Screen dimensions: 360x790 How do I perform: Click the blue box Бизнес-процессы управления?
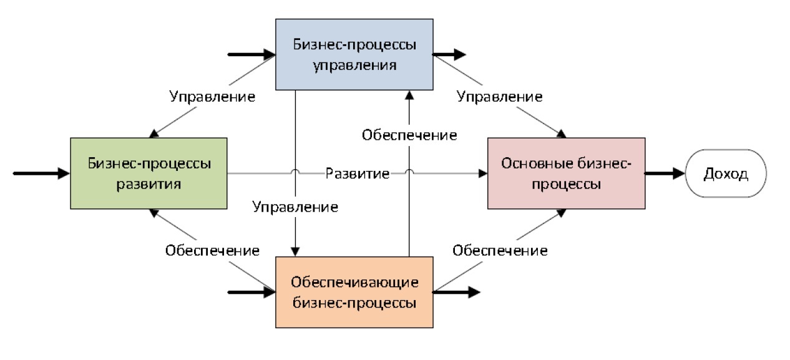tap(354, 54)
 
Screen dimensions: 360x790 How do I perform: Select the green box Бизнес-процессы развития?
tap(149, 173)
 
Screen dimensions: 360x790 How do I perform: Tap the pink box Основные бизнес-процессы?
tap(566, 173)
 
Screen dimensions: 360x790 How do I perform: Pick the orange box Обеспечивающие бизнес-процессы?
tap(354, 292)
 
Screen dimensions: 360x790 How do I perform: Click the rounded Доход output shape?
tap(725, 174)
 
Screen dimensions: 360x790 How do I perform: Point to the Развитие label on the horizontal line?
tap(358, 173)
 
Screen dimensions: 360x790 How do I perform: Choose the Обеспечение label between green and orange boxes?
tap(212, 251)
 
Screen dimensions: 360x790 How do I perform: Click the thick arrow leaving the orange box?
tap(457, 291)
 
